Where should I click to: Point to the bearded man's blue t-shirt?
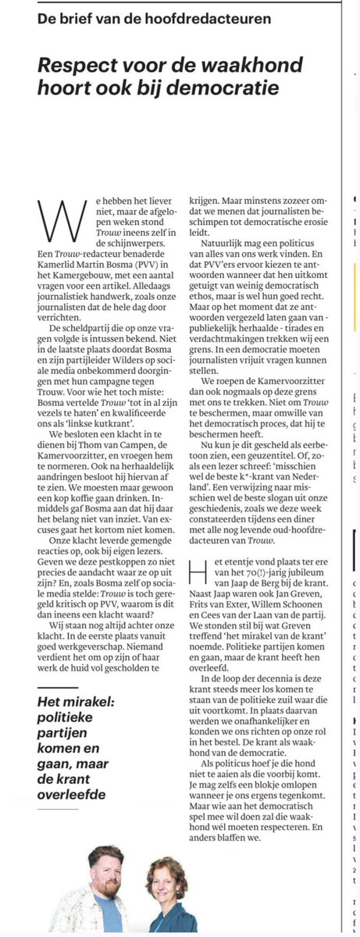point(108,913)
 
